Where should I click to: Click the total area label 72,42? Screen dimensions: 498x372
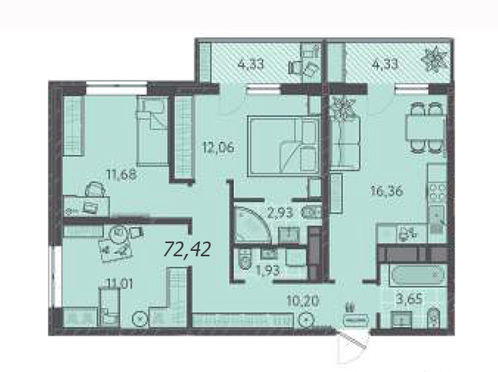pos(187,249)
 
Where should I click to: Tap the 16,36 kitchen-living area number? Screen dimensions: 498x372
pos(387,191)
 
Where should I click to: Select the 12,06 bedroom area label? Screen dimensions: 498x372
pos(219,147)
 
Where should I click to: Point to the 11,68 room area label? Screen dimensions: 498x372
pos(121,174)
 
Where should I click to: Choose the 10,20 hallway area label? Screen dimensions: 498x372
pos(302,301)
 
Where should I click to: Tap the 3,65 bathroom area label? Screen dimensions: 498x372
pos(410,298)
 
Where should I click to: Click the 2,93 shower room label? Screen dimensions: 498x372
pos(280,213)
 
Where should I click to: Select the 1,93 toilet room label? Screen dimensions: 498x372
pos(268,270)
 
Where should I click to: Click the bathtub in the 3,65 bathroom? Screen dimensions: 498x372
pos(413,275)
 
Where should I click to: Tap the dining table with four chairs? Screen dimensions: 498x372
pos(425,127)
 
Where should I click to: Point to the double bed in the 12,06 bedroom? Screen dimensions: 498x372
pos(284,145)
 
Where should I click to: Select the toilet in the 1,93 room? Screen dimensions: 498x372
pos(244,259)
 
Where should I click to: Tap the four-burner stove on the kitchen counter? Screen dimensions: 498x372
pos(437,193)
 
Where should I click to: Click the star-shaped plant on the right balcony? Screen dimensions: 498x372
pos(434,60)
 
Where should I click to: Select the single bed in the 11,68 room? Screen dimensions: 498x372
pos(153,131)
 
